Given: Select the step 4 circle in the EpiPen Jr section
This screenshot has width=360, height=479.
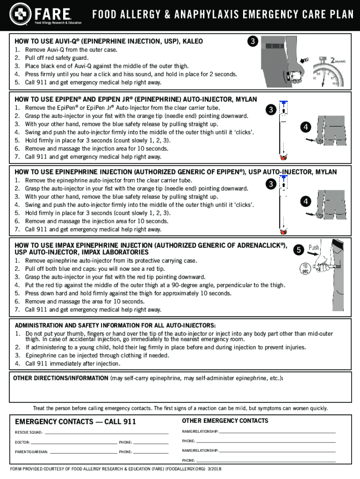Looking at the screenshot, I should [x=305, y=127].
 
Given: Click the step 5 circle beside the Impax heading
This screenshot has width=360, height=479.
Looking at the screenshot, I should [x=298, y=250].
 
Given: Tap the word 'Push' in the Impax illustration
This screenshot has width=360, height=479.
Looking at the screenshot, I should [x=314, y=247].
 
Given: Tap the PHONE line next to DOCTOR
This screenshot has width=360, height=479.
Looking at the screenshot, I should [x=151, y=442].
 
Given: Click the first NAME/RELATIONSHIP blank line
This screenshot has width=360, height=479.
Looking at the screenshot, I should [x=277, y=431].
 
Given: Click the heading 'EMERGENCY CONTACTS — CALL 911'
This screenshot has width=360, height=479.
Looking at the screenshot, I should [x=75, y=422].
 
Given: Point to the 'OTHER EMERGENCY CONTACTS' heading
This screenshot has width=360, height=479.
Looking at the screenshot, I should [x=225, y=421].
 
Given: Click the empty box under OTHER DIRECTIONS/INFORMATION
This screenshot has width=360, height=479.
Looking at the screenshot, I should [x=180, y=393].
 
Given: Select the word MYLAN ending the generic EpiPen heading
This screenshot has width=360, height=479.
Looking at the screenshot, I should [x=325, y=172].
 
